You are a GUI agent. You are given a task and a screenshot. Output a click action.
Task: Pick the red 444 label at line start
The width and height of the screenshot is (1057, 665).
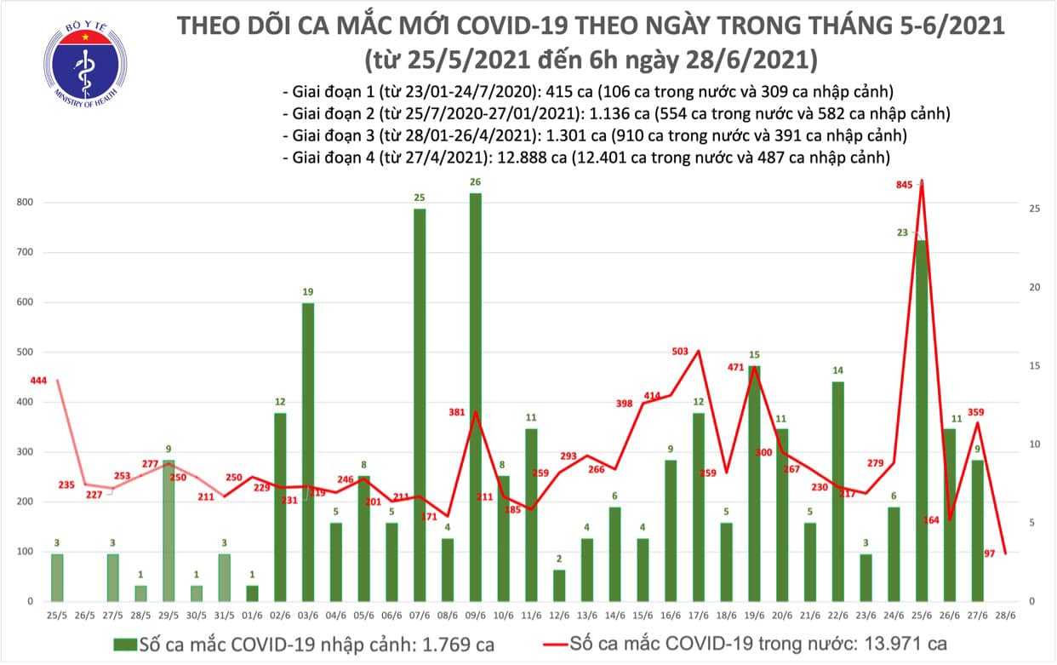pyautogui.click(x=38, y=380)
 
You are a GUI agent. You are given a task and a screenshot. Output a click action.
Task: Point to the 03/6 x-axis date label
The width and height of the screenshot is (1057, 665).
pyautogui.click(x=308, y=615)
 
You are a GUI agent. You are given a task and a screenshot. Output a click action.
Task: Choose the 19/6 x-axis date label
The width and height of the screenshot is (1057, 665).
pyautogui.click(x=754, y=615)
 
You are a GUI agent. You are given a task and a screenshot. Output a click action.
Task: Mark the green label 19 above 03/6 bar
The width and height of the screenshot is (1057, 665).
pyautogui.click(x=308, y=292)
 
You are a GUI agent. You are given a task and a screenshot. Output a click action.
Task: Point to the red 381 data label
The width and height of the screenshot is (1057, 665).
pyautogui.click(x=456, y=412)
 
